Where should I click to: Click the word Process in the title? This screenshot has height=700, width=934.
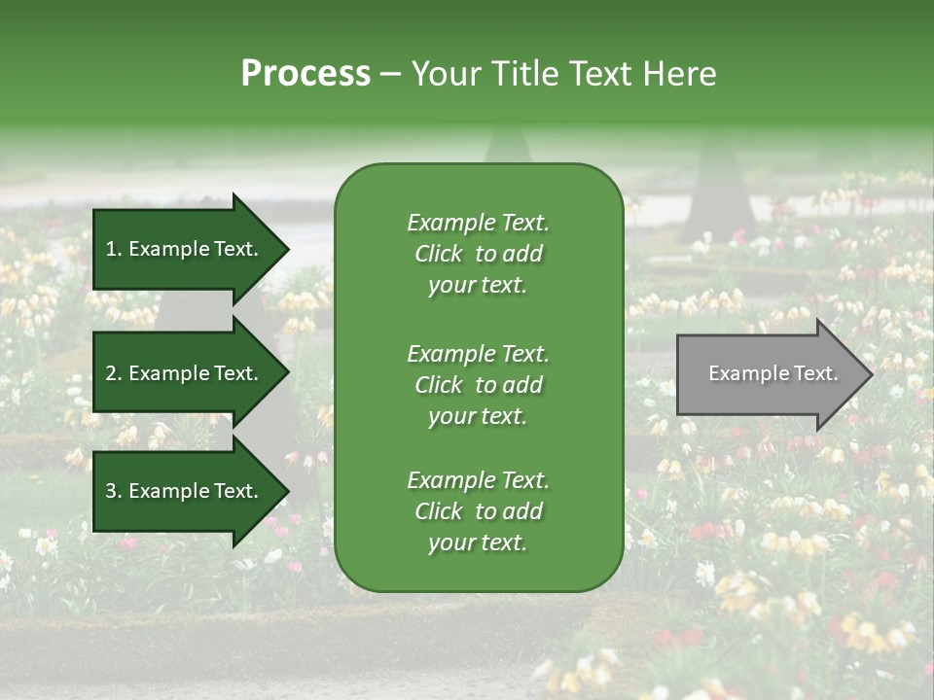305,74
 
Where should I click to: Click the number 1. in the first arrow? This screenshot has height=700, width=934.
113,249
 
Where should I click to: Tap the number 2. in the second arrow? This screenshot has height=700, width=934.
113,373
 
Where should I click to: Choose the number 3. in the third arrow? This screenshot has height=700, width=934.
113,492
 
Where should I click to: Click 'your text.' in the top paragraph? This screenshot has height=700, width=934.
478,286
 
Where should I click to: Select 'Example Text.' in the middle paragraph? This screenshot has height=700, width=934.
478,353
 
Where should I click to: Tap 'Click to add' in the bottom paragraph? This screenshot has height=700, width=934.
478,511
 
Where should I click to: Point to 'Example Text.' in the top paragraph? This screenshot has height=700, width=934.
478,223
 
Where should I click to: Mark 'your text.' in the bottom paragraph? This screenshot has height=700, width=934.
478,543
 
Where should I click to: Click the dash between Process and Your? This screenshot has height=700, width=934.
390,75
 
